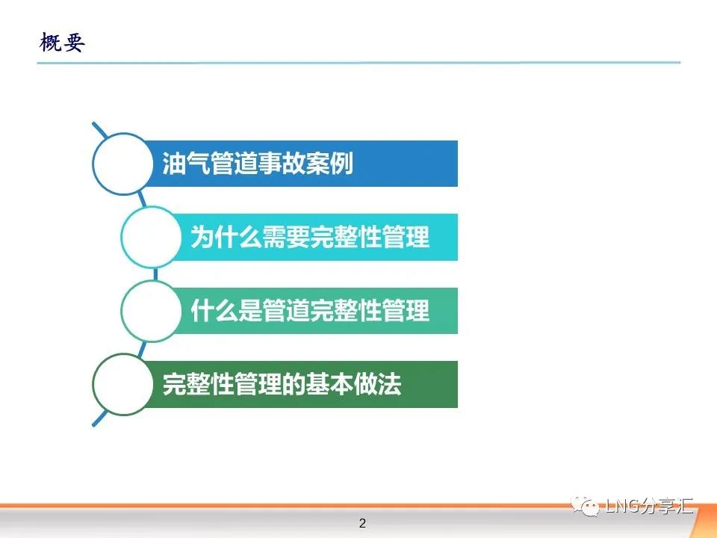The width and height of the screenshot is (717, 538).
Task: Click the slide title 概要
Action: [x=62, y=43]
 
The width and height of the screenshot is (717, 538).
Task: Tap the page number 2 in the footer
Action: [x=363, y=523]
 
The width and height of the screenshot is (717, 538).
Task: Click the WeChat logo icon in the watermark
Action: [x=585, y=506]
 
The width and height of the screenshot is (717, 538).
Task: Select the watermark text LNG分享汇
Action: [x=649, y=506]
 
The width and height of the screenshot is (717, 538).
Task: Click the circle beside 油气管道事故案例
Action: [x=122, y=164]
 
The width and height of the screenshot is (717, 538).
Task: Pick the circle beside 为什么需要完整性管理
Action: [x=152, y=237]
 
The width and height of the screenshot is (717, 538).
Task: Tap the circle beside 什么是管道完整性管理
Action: [x=152, y=311]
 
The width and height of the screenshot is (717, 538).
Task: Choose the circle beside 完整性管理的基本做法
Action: [x=122, y=384]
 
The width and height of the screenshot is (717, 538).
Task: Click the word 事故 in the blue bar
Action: [x=282, y=164]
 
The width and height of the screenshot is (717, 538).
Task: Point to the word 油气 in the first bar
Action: [x=186, y=164]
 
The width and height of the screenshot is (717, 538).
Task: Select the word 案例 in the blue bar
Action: [x=329, y=164]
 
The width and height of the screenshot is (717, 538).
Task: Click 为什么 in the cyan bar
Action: [x=226, y=237]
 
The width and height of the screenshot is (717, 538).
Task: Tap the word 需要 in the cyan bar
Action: [x=286, y=237]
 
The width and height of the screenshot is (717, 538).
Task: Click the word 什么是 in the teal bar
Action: [x=226, y=311]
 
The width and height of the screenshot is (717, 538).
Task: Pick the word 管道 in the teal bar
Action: [x=286, y=311]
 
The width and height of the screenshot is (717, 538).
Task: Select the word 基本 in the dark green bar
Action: [x=329, y=384]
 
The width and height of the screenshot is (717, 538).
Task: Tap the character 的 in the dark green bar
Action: [x=294, y=384]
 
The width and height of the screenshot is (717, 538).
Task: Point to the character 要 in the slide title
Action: [x=74, y=43]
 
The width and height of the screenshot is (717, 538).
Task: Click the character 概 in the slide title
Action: [x=50, y=43]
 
